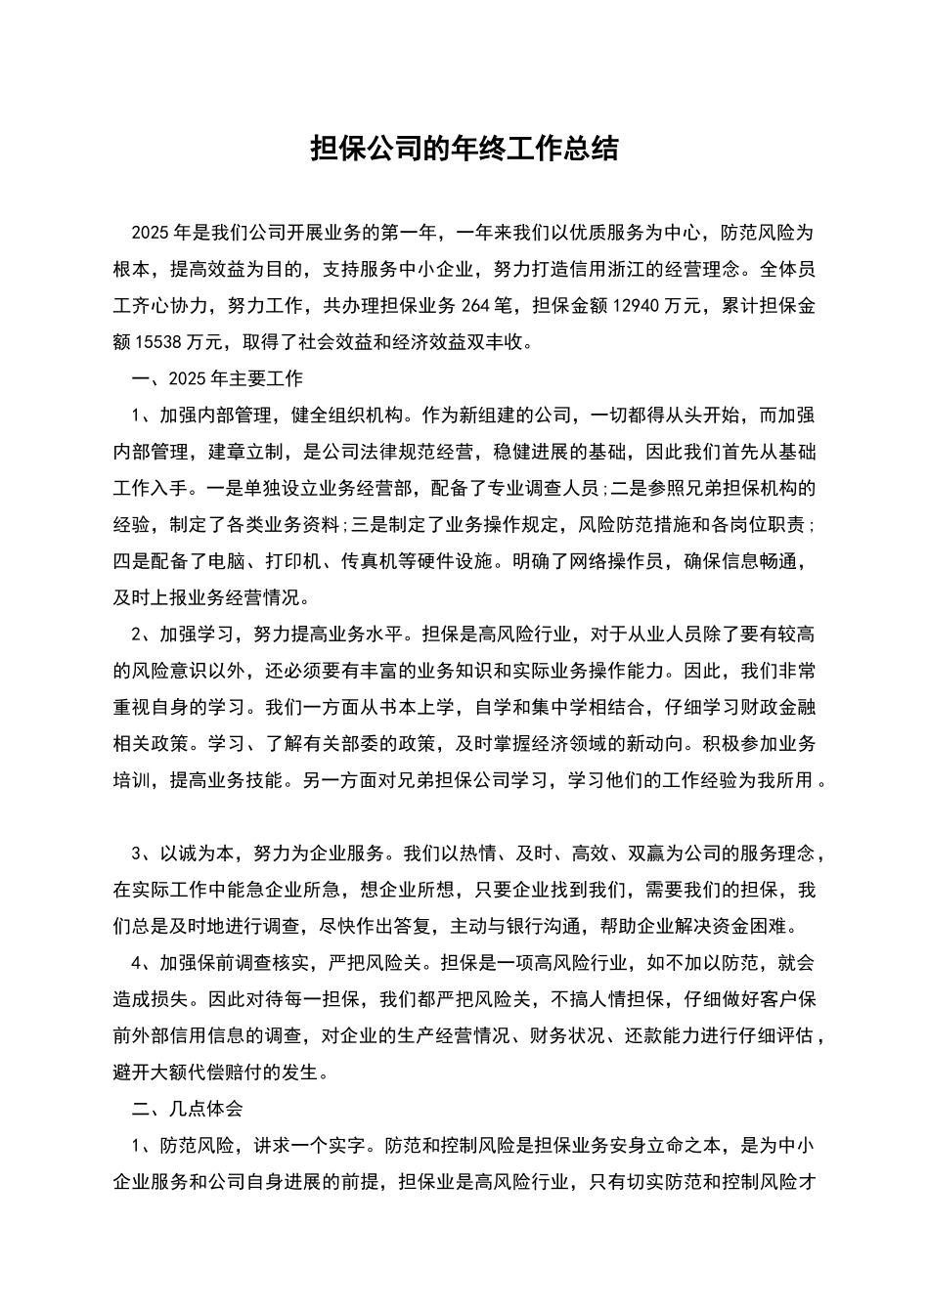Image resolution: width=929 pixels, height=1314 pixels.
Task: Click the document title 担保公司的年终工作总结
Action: pos(464,149)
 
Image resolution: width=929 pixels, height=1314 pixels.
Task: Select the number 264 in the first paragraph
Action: pos(477,306)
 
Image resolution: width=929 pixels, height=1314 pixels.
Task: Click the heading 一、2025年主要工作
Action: pos(217,379)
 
